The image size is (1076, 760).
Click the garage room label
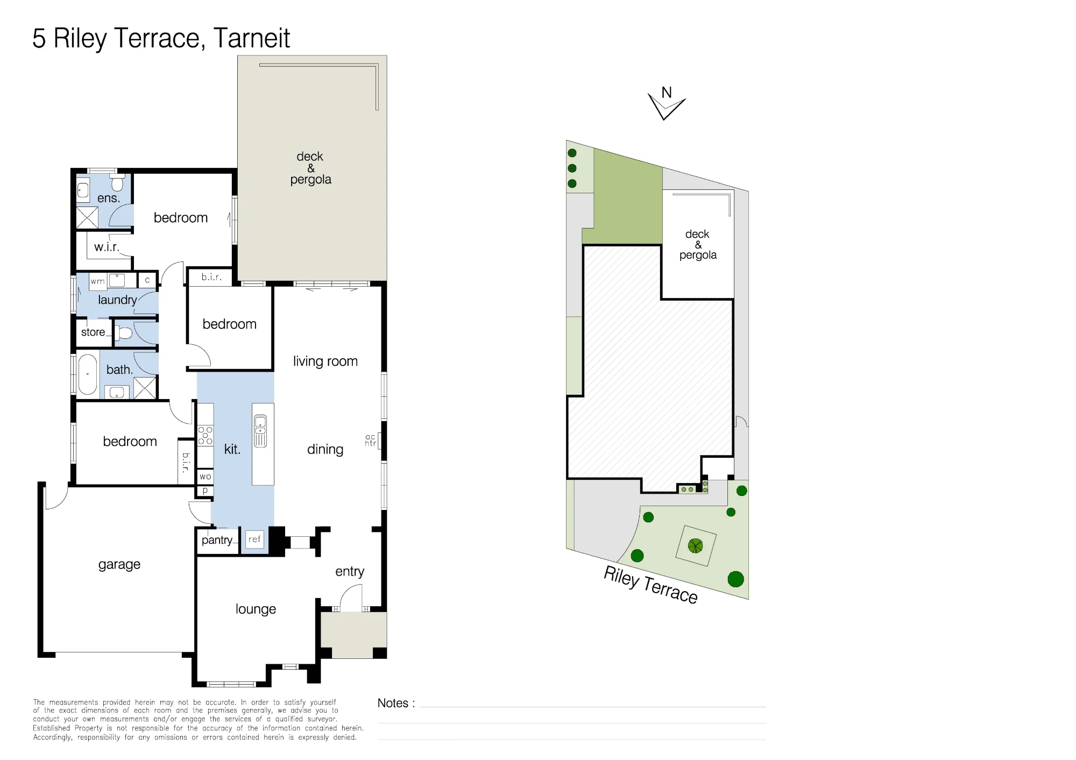pyautogui.click(x=119, y=565)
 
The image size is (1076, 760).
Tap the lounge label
pyautogui.click(x=256, y=609)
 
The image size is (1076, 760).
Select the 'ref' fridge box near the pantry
pyautogui.click(x=254, y=539)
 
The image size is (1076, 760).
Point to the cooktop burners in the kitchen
pyautogui.click(x=205, y=435)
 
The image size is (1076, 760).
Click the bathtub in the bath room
pyautogui.click(x=88, y=374)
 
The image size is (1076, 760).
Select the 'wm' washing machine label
pyautogui.click(x=97, y=281)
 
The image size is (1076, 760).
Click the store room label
pyautogui.click(x=93, y=332)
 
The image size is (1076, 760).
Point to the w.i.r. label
pyautogui.click(x=107, y=247)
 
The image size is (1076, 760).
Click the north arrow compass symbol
pyautogui.click(x=666, y=103)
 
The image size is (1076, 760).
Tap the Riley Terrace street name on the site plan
pyautogui.click(x=650, y=585)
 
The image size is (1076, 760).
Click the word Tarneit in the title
pyautogui.click(x=251, y=38)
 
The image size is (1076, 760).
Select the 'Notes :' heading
pyautogui.click(x=396, y=703)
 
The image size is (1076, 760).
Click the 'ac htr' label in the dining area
pyautogui.click(x=370, y=441)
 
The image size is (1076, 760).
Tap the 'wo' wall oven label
pyautogui.click(x=205, y=477)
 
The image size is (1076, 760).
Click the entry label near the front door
pyautogui.click(x=350, y=571)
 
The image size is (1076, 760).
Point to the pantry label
pyautogui.click(x=217, y=540)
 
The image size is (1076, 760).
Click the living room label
pyautogui.click(x=325, y=361)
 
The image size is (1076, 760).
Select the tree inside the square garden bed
pyautogui.click(x=695, y=546)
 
